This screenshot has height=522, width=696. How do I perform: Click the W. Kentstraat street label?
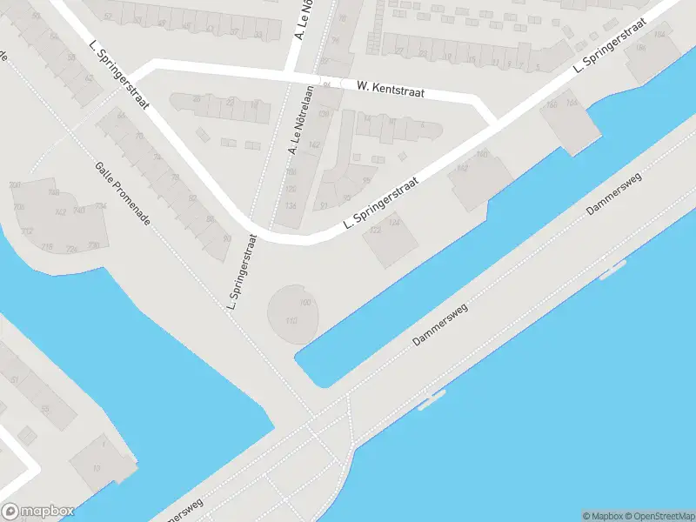(x=391, y=87)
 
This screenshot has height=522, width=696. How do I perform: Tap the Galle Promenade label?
(x=123, y=193)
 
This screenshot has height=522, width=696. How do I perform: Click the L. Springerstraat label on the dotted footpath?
(x=244, y=276)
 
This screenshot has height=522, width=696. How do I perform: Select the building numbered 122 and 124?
(x=386, y=238)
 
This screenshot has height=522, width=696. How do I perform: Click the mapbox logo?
(x=37, y=511)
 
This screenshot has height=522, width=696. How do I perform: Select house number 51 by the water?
(x=14, y=380)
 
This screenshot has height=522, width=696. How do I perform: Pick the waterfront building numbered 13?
(x=97, y=468)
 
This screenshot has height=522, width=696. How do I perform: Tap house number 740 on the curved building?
(x=77, y=210)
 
